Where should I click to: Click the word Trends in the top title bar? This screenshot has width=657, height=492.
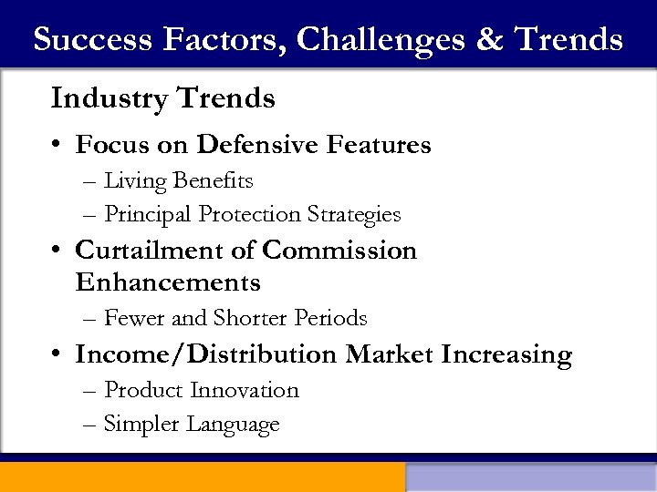(568, 39)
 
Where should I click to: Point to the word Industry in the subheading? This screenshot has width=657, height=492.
(108, 97)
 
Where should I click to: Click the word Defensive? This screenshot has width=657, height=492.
(257, 145)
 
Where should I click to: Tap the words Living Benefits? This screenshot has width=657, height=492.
(178, 181)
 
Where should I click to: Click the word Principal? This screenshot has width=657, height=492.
(148, 214)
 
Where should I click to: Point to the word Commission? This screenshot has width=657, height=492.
(339, 251)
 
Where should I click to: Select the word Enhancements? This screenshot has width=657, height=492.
(168, 282)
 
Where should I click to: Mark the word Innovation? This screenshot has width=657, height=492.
(245, 390)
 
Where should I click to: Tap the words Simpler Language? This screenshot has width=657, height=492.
(192, 424)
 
